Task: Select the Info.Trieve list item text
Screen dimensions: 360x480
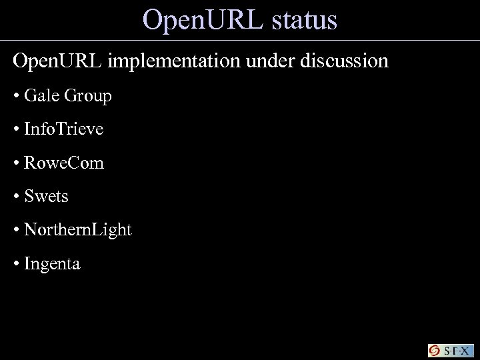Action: click(63, 129)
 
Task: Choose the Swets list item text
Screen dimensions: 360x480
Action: click(46, 197)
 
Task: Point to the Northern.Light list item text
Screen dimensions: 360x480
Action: click(77, 231)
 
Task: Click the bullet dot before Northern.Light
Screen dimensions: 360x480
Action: click(15, 231)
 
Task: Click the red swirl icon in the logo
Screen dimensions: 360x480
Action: click(435, 351)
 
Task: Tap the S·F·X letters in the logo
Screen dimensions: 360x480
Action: click(457, 351)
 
